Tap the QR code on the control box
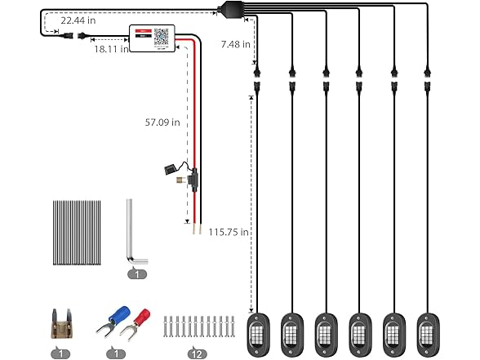(x=162, y=37)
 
